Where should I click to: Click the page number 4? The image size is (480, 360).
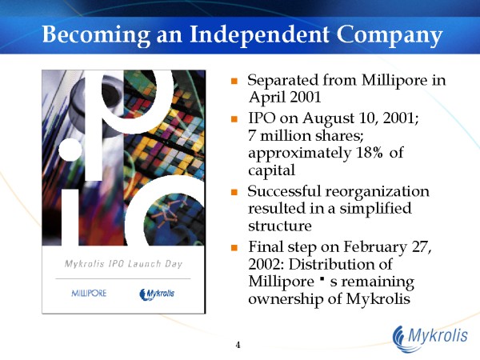point(238,345)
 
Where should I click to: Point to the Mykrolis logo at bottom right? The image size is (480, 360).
point(429,336)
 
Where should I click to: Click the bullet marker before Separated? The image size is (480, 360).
point(234,82)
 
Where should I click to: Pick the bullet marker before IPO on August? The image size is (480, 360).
point(234,118)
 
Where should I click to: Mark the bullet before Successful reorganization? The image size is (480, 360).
point(234,193)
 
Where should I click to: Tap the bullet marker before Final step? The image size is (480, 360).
point(234,248)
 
